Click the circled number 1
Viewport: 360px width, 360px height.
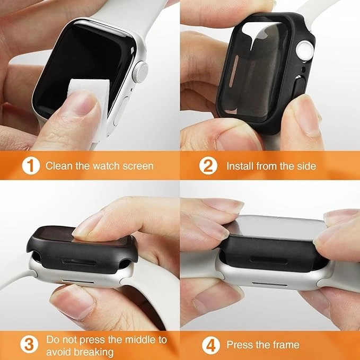tap(31, 166)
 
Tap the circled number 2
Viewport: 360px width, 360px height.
tap(208, 166)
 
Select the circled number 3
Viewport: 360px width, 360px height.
tap(29, 345)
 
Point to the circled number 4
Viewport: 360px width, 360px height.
tap(211, 345)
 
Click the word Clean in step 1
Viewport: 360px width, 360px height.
tap(59, 166)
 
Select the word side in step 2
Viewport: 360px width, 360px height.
tap(306, 166)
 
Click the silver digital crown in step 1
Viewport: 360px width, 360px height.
tap(140, 72)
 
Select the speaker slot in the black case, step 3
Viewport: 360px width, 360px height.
tap(80, 262)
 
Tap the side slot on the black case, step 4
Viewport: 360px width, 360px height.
tap(269, 260)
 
